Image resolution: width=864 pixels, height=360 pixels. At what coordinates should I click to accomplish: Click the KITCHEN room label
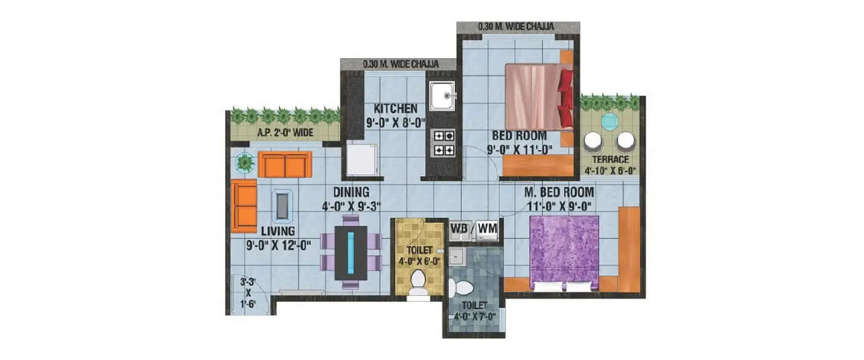395,108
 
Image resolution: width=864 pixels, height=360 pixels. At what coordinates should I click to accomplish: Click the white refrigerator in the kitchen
361,159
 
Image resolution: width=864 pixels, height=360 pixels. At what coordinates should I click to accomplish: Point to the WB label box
458,229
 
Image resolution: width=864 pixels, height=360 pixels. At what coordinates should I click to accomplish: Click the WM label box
487,229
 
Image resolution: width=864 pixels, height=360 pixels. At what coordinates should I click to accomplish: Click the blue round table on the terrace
609,122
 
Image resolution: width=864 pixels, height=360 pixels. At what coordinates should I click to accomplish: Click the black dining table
351,252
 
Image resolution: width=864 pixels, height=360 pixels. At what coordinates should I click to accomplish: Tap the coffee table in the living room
281,206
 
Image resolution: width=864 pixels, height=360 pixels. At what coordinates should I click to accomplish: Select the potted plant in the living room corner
245,163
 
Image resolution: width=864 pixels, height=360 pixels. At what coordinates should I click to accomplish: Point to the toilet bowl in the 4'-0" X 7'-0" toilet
460,287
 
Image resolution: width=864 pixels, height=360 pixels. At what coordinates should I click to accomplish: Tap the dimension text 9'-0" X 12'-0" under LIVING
278,244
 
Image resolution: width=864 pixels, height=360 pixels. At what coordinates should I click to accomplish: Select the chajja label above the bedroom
517,27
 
